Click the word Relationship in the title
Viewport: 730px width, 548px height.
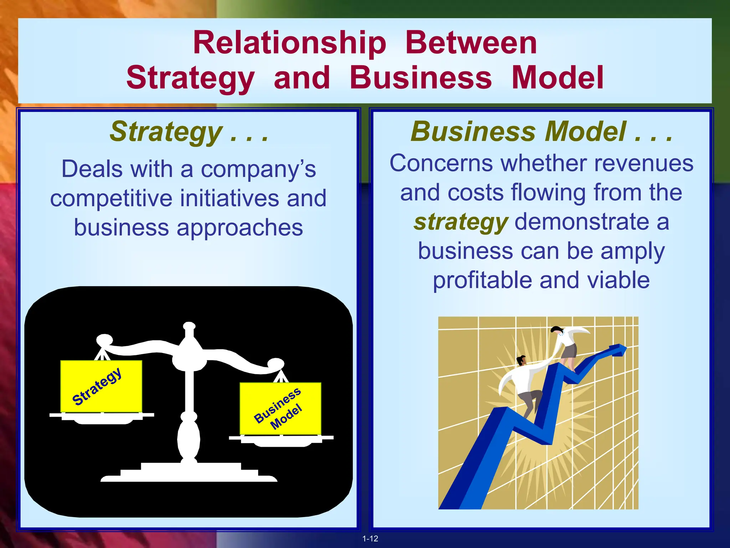point(289,44)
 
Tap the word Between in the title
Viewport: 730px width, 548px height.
point(471,44)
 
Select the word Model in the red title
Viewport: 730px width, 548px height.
point(557,78)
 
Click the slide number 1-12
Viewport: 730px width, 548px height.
point(370,539)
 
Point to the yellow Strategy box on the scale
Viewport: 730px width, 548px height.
point(101,386)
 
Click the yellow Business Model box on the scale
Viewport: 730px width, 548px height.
point(280,409)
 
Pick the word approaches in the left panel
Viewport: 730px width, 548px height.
point(240,228)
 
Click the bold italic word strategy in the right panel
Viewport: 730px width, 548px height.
point(461,222)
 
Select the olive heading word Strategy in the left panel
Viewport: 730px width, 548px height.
point(166,132)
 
